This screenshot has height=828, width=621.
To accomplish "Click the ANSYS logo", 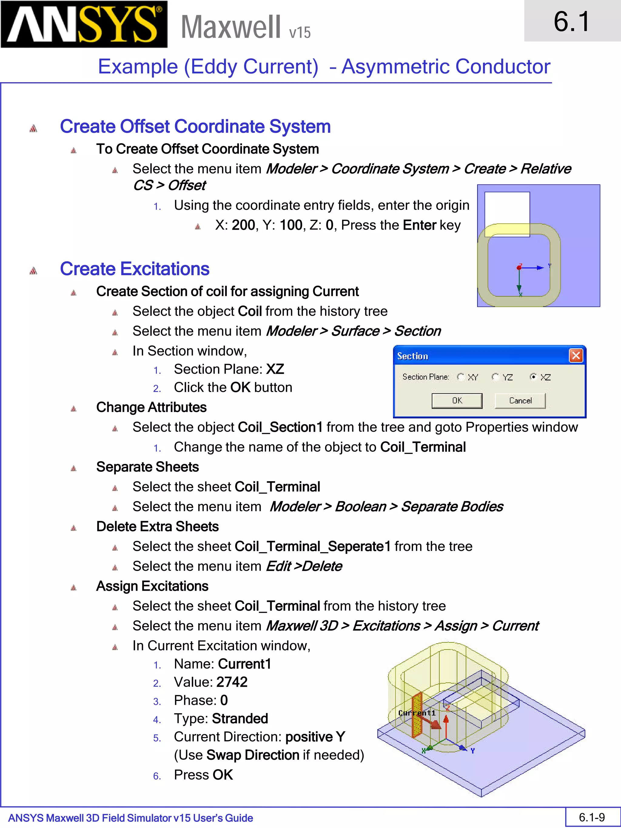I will point(84,24).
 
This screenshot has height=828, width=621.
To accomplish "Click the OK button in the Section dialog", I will point(457,401).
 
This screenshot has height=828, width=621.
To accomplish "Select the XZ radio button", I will point(533,377).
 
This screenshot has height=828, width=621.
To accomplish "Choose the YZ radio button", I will point(495,377).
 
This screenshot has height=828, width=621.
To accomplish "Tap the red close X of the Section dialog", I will point(576,355).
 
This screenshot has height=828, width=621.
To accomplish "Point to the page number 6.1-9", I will point(592,817).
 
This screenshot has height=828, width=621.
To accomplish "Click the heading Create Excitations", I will point(134,269).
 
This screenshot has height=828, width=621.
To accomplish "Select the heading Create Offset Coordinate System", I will point(195,126).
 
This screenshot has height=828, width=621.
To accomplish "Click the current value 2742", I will point(232,682).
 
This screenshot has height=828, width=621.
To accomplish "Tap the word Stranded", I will point(240,718).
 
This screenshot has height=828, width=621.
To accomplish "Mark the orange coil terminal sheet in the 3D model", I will point(417,715).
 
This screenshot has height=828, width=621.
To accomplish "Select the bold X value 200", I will point(243,225).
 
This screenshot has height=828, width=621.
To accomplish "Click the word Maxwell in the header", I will point(230,27).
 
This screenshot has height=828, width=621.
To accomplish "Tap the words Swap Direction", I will point(253,755).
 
